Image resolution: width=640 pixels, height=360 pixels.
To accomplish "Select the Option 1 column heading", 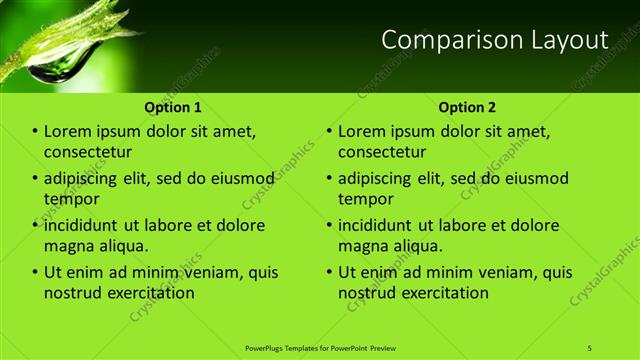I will tap(173, 106).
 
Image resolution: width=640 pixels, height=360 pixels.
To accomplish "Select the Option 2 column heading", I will tap(467, 106).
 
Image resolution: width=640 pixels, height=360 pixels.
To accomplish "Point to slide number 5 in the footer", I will tap(589, 347).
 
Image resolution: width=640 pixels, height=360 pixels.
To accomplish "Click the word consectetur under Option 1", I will tap(88, 152).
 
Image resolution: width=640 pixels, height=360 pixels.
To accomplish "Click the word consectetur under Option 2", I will tap(382, 152).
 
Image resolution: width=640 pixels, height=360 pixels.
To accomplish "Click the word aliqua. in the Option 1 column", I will tap(123, 246).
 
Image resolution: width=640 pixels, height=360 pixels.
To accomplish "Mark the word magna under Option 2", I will tap(363, 246).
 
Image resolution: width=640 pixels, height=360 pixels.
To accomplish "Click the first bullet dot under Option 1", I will tap(35, 132).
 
